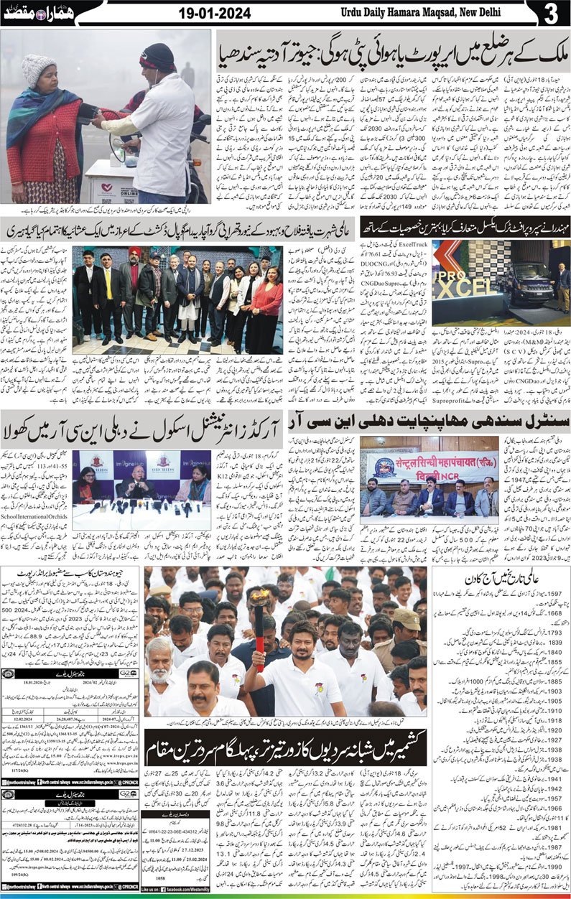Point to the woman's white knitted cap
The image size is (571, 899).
coord(38,70)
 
